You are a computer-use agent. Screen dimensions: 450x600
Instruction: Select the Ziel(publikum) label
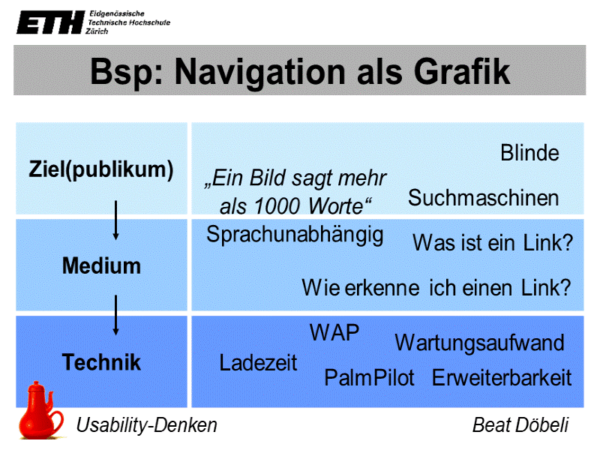tap(101, 169)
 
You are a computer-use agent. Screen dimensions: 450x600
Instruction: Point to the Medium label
tap(101, 265)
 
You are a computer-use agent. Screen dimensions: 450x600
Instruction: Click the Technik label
tap(101, 363)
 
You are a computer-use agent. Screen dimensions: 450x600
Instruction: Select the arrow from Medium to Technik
tap(115, 315)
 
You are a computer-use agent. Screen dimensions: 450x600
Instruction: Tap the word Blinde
tap(529, 153)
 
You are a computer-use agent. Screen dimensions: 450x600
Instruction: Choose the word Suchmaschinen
tap(484, 198)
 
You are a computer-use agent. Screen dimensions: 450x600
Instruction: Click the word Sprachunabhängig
tap(295, 235)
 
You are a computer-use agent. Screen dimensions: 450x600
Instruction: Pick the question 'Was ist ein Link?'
tap(493, 243)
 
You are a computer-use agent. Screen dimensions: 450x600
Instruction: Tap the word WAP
tap(334, 332)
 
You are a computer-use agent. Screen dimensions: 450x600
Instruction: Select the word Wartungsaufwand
tap(479, 343)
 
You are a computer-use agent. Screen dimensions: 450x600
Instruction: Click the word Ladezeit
tap(258, 363)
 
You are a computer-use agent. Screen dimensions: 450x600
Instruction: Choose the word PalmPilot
tap(369, 378)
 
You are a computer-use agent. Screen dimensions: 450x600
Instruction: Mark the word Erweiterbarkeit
tap(502, 378)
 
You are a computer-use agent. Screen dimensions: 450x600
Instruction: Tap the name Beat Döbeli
tap(520, 425)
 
